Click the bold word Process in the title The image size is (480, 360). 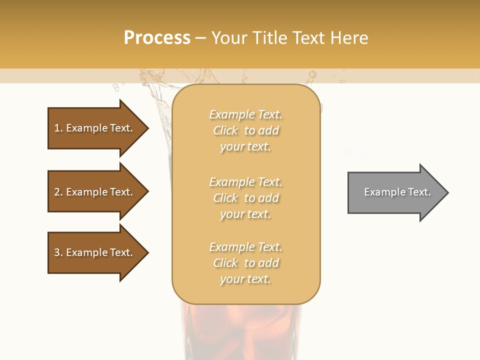click(157, 38)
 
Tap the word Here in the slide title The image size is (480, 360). click(348, 38)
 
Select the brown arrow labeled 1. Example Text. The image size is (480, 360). click(95, 128)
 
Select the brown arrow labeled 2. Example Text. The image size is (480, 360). click(95, 192)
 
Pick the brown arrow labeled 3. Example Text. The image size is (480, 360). click(95, 252)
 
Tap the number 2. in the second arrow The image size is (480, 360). click(58, 192)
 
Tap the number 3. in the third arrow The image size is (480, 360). click(58, 252)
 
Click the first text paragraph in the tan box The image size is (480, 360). click(245, 130)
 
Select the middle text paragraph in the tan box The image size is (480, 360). click(245, 198)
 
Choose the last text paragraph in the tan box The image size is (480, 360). click(245, 263)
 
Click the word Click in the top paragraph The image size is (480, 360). click(225, 130)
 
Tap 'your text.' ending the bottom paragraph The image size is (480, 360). click(245, 279)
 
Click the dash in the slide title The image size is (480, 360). click(200, 38)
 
